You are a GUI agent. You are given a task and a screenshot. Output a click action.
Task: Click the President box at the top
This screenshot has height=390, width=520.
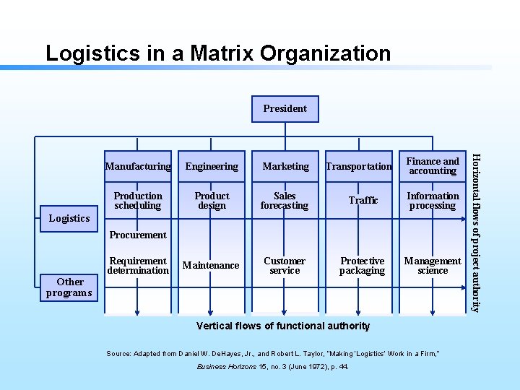(285, 108)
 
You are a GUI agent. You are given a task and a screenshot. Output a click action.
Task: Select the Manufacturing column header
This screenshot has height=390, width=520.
(138, 166)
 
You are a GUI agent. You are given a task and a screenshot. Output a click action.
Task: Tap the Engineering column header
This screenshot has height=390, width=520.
(212, 166)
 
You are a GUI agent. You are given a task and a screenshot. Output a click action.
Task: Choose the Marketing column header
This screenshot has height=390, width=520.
(285, 166)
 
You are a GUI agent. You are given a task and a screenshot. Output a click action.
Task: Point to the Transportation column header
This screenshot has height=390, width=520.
(359, 166)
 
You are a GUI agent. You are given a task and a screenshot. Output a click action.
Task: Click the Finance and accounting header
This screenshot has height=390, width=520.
(433, 166)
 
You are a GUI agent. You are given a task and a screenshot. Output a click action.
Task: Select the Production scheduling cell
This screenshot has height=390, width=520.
(138, 201)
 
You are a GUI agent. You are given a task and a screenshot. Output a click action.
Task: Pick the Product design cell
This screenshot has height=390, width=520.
(212, 201)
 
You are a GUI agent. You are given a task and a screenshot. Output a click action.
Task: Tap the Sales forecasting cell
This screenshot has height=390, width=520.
(285, 201)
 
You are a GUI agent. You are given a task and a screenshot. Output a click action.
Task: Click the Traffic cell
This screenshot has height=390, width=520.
(363, 200)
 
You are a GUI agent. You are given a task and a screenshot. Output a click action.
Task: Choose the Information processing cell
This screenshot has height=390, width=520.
(433, 201)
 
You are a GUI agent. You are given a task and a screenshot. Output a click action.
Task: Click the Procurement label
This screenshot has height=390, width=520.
(137, 235)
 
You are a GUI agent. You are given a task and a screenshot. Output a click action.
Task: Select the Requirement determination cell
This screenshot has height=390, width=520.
(138, 266)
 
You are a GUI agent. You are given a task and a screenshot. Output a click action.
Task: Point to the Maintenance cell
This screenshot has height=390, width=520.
(211, 266)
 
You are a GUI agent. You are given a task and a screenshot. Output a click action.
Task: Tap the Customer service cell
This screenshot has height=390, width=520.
(285, 266)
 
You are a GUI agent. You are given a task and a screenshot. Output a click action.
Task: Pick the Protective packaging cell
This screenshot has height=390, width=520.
(362, 266)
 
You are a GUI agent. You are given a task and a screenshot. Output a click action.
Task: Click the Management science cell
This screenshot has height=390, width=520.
(433, 266)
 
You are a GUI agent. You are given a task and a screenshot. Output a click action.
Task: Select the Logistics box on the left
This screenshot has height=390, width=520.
(69, 218)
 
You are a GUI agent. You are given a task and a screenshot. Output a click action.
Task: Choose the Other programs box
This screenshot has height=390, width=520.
(69, 287)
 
